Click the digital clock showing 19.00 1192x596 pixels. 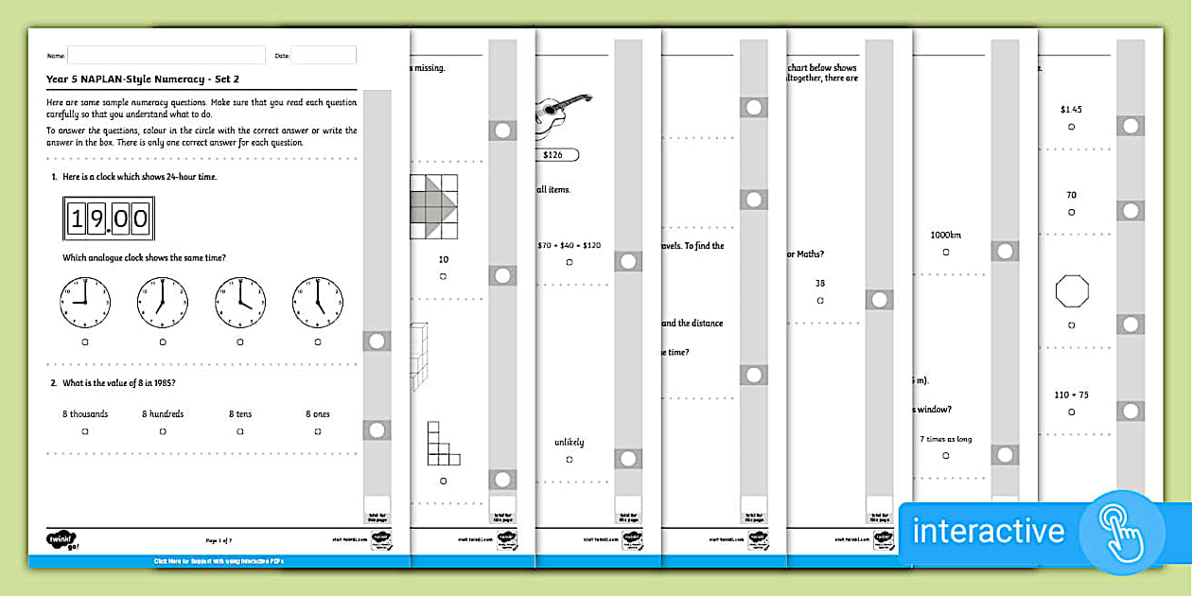(x=107, y=219)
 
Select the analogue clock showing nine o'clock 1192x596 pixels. (x=85, y=303)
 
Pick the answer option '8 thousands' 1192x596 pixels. (x=85, y=413)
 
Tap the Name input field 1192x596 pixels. (x=166, y=56)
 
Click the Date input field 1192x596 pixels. (x=323, y=56)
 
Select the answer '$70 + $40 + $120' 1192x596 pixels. (x=569, y=245)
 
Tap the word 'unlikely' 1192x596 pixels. (x=569, y=442)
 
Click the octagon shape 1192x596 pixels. (x=1072, y=291)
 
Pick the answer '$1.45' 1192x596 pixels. (x=1071, y=109)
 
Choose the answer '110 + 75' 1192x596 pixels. (x=1071, y=394)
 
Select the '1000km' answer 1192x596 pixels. (x=945, y=235)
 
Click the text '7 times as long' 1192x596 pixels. (x=945, y=438)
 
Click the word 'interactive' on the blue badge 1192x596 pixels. (x=988, y=531)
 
